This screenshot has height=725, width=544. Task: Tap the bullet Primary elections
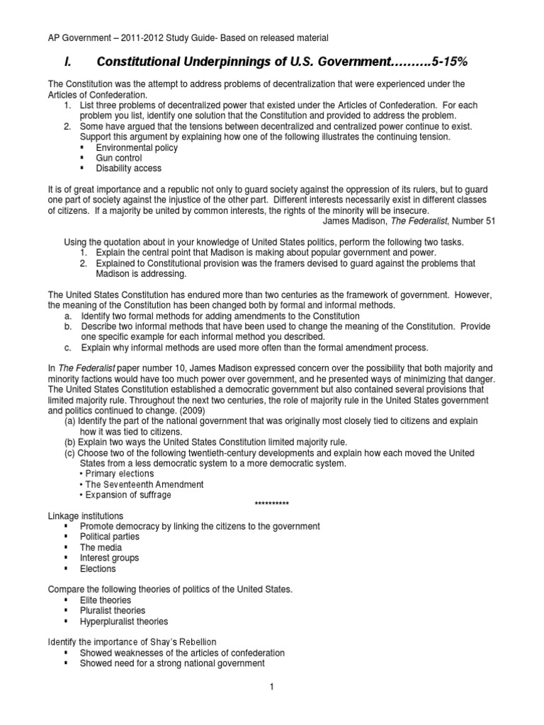point(119,474)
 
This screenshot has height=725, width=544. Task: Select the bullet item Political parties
point(110,537)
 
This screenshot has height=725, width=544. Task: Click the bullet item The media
point(101,547)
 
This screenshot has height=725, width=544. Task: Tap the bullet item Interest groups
point(109,558)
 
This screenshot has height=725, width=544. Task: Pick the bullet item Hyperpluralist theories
point(124,621)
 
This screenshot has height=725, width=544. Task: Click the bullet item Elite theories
point(106,600)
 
